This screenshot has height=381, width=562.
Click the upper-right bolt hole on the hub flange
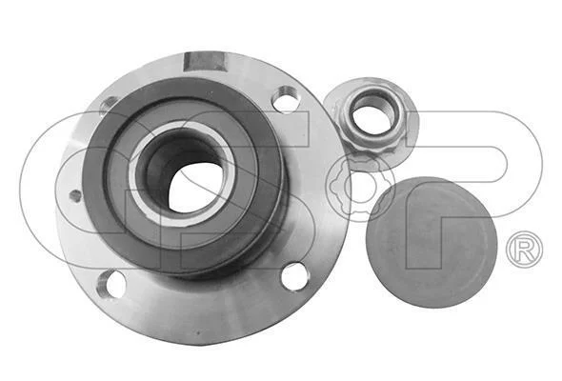(286, 98)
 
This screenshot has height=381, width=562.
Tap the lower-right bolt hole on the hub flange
(295, 276)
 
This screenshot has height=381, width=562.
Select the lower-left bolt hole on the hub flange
(111, 283)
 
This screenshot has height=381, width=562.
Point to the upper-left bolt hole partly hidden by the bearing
(109, 105)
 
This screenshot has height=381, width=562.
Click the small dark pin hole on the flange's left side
(75, 195)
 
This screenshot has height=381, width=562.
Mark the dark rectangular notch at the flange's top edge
(203, 62)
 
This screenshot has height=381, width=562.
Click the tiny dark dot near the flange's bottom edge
(197, 332)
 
